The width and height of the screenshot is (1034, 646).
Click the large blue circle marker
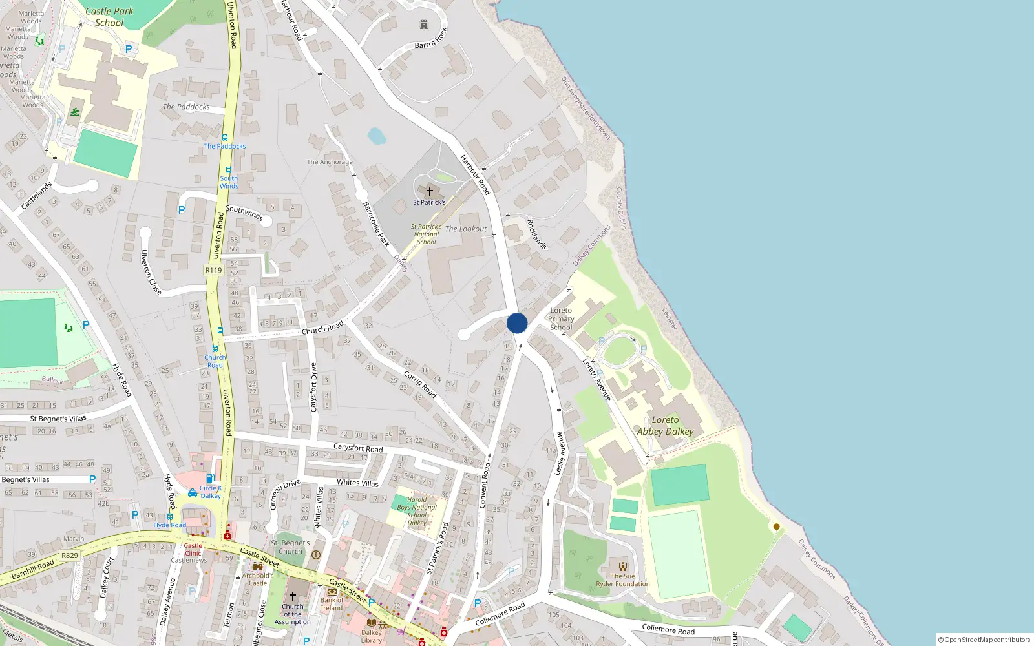(x=517, y=323)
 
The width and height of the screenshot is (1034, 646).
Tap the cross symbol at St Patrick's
(x=429, y=191)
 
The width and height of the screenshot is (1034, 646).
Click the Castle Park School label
(x=109, y=17)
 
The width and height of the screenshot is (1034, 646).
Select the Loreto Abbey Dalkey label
(x=665, y=426)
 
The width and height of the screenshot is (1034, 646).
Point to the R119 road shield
(x=213, y=270)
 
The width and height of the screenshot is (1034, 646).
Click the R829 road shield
(x=70, y=556)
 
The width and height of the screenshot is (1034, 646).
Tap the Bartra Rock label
(x=430, y=39)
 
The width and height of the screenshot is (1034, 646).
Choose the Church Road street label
(x=322, y=328)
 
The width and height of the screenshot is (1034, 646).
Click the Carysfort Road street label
(x=358, y=448)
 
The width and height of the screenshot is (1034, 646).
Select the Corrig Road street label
(x=420, y=384)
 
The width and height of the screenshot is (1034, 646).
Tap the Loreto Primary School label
(x=561, y=319)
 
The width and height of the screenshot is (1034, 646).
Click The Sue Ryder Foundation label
(x=623, y=580)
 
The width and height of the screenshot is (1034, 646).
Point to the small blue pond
(x=376, y=136)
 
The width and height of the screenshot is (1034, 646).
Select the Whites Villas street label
(x=357, y=483)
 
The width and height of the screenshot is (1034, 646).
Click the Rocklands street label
(x=536, y=234)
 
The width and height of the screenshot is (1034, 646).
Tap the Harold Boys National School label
(x=417, y=511)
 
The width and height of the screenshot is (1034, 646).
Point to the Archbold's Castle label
(x=258, y=579)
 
